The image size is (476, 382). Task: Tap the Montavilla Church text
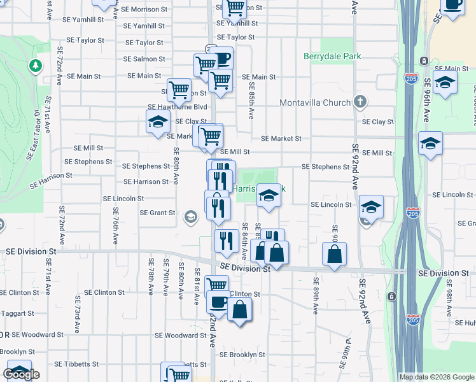(x=315, y=103)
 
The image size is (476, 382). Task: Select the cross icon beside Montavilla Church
(x=360, y=102)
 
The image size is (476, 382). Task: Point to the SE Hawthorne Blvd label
(x=178, y=107)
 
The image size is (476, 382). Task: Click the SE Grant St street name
(x=157, y=213)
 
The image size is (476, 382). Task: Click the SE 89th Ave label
(x=315, y=295)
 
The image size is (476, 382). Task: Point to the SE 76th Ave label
(x=116, y=227)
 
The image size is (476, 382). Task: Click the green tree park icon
(x=35, y=66)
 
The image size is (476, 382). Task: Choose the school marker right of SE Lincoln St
(x=372, y=207)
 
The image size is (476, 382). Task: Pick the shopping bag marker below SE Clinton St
(x=239, y=310)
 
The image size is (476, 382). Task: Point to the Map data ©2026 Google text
(x=437, y=377)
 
